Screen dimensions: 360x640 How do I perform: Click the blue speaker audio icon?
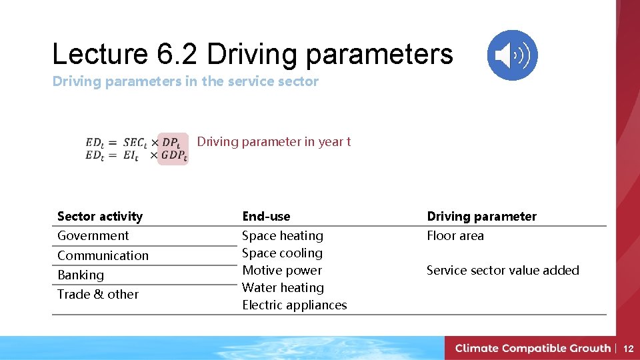512,55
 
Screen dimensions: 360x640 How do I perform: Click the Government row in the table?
93,235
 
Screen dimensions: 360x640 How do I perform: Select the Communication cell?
103,255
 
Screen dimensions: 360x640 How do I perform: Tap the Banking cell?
81,275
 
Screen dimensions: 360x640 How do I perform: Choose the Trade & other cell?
98,294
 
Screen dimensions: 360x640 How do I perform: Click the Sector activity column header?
100,216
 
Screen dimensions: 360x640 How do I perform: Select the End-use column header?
266,216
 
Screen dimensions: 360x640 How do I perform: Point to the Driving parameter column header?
481,216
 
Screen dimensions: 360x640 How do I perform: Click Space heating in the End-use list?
283,235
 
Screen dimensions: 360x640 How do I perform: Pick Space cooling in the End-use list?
282,253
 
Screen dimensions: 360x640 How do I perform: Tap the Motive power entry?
282,270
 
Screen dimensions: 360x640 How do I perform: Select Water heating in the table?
283,287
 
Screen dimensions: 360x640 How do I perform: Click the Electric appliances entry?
295,305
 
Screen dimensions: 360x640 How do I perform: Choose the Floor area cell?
455,235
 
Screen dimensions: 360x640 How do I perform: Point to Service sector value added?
503,270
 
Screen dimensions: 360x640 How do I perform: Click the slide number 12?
628,348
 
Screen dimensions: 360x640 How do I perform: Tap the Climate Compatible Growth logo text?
533,348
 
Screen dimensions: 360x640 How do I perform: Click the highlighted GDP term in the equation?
173,156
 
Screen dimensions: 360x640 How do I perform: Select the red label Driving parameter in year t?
273,141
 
